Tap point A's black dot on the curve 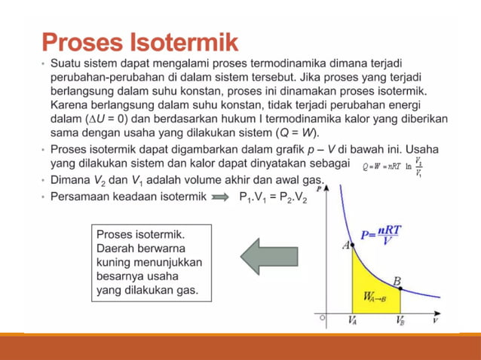point(353,246)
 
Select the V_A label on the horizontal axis point(352,320)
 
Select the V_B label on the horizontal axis point(400,320)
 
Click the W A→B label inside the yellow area point(375,297)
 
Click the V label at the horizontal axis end point(436,319)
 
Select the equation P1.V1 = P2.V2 point(272,199)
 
